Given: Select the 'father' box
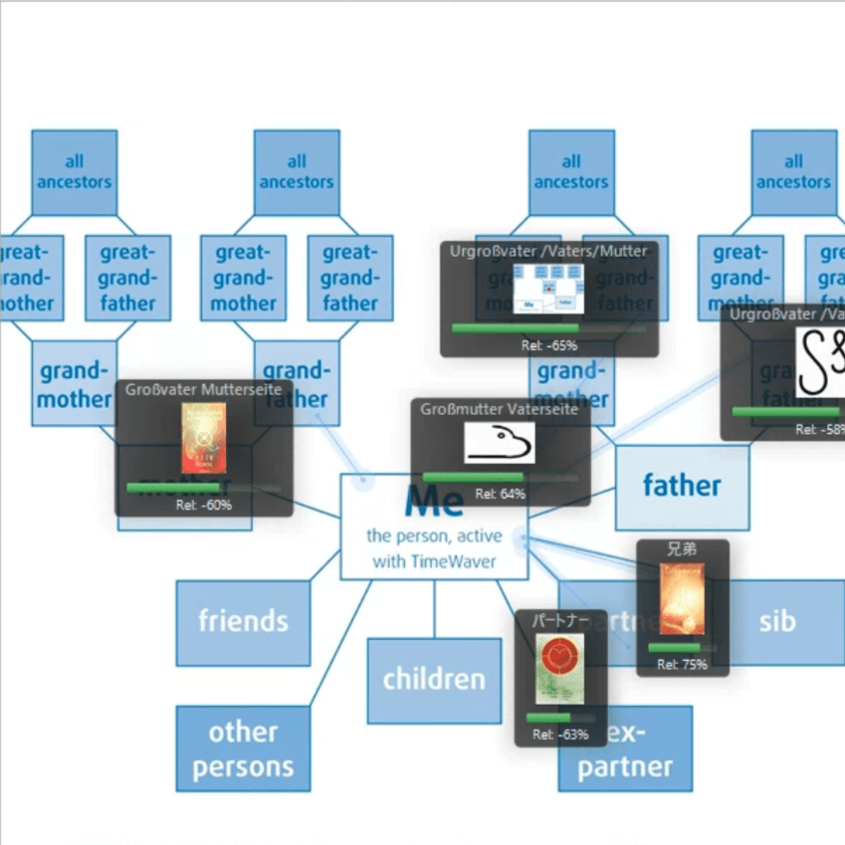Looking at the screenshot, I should tap(682, 486).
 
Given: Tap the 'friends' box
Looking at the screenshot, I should tap(243, 622).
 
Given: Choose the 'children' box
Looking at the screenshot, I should tap(434, 680).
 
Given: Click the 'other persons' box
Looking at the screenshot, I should tap(243, 748).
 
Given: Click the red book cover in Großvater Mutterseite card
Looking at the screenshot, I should tap(203, 438).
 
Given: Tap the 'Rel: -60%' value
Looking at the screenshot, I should tap(203, 506).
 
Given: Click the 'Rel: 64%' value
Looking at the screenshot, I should tap(500, 494).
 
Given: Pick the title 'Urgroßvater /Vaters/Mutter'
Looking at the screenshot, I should tap(548, 252).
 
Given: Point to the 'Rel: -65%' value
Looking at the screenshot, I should tap(548, 345).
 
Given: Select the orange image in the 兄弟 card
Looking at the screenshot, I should tap(682, 598).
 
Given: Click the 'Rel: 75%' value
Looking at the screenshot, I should tap(682, 664).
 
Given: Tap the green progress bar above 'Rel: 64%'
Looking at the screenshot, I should tap(472, 478).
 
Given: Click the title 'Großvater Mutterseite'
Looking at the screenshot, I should tap(203, 389).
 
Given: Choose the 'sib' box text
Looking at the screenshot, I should tap(776, 621).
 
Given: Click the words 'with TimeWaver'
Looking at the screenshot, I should tap(434, 562).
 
